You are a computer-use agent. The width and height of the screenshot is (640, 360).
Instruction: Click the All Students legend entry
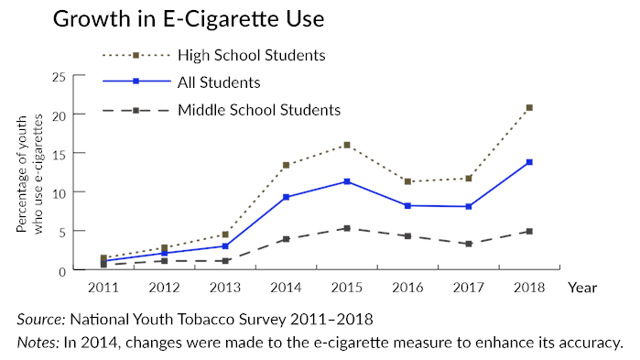point(220,82)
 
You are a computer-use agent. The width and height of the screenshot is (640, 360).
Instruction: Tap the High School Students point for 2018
point(529,108)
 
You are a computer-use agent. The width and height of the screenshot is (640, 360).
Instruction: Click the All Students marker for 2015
point(346,181)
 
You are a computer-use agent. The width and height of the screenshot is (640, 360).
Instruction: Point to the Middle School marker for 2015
point(346,228)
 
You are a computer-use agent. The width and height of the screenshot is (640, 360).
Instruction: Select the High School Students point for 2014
point(286,165)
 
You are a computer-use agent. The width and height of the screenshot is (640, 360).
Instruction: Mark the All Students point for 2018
point(529,162)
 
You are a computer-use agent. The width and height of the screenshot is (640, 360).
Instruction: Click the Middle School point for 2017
point(469,244)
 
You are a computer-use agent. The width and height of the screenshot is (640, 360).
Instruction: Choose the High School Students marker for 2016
point(407,181)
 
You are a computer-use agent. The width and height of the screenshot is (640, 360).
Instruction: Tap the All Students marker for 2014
point(286,197)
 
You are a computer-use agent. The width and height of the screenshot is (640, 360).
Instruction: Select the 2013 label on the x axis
point(224,287)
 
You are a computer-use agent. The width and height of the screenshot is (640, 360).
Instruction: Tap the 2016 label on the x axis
point(407,287)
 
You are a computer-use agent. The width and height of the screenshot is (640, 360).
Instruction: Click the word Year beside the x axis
point(581,287)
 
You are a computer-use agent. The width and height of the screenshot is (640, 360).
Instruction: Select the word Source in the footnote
point(42,321)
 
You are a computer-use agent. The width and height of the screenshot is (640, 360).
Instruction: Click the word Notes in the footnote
point(39,344)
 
